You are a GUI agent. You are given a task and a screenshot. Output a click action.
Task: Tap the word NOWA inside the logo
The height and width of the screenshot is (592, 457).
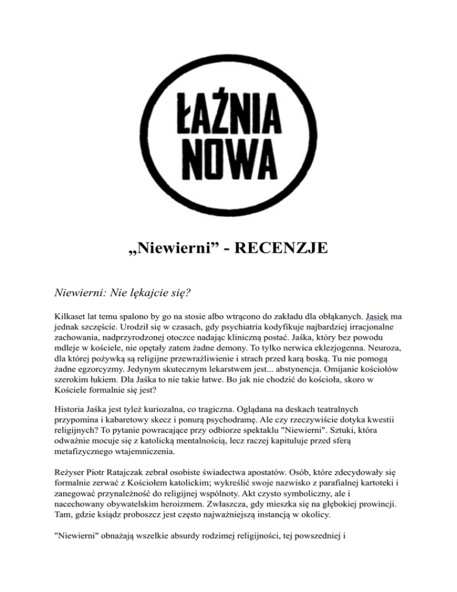coord(228,156)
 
